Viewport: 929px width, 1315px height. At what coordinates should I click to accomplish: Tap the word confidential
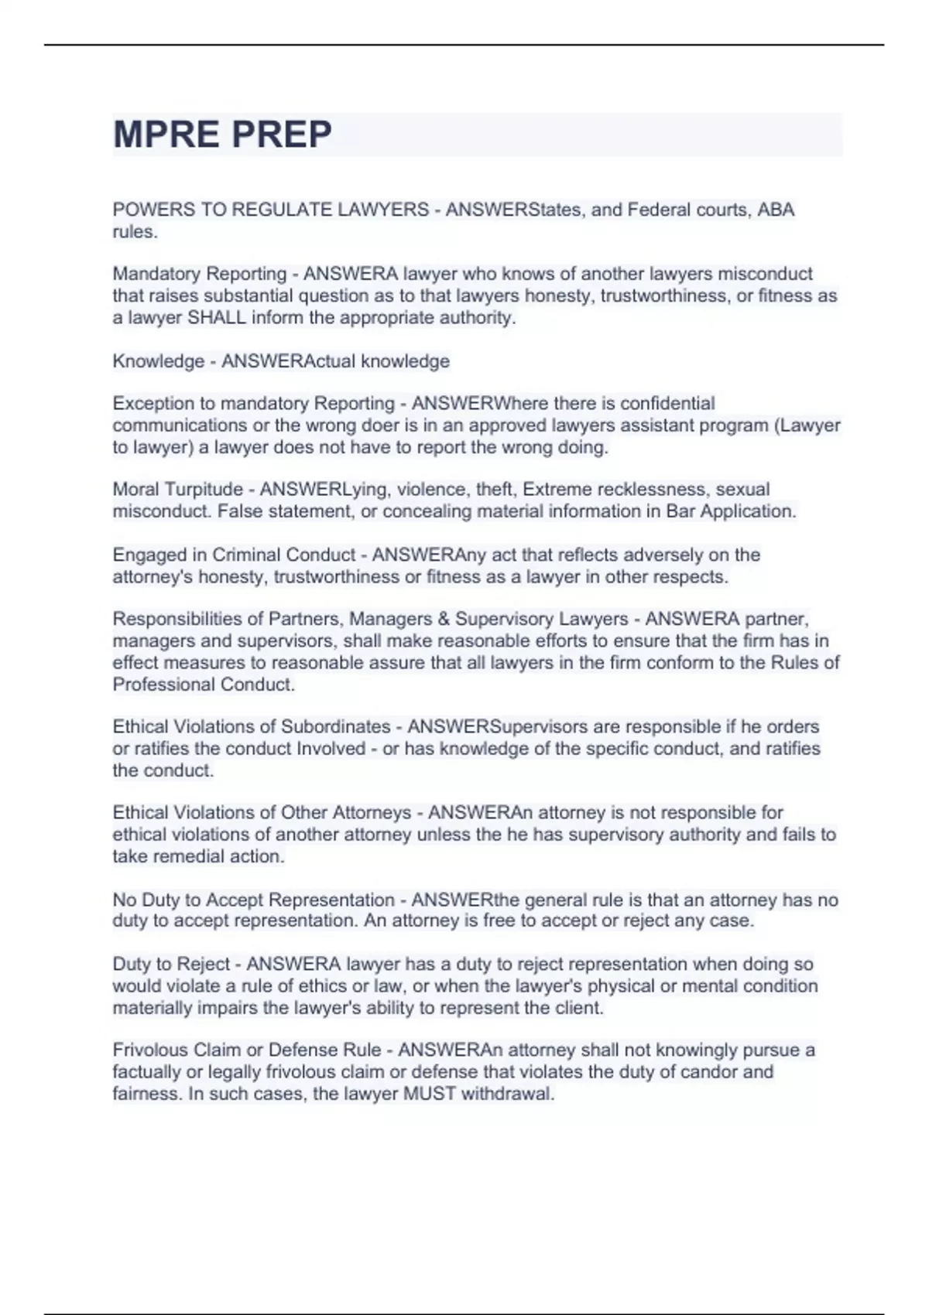tap(667, 404)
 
